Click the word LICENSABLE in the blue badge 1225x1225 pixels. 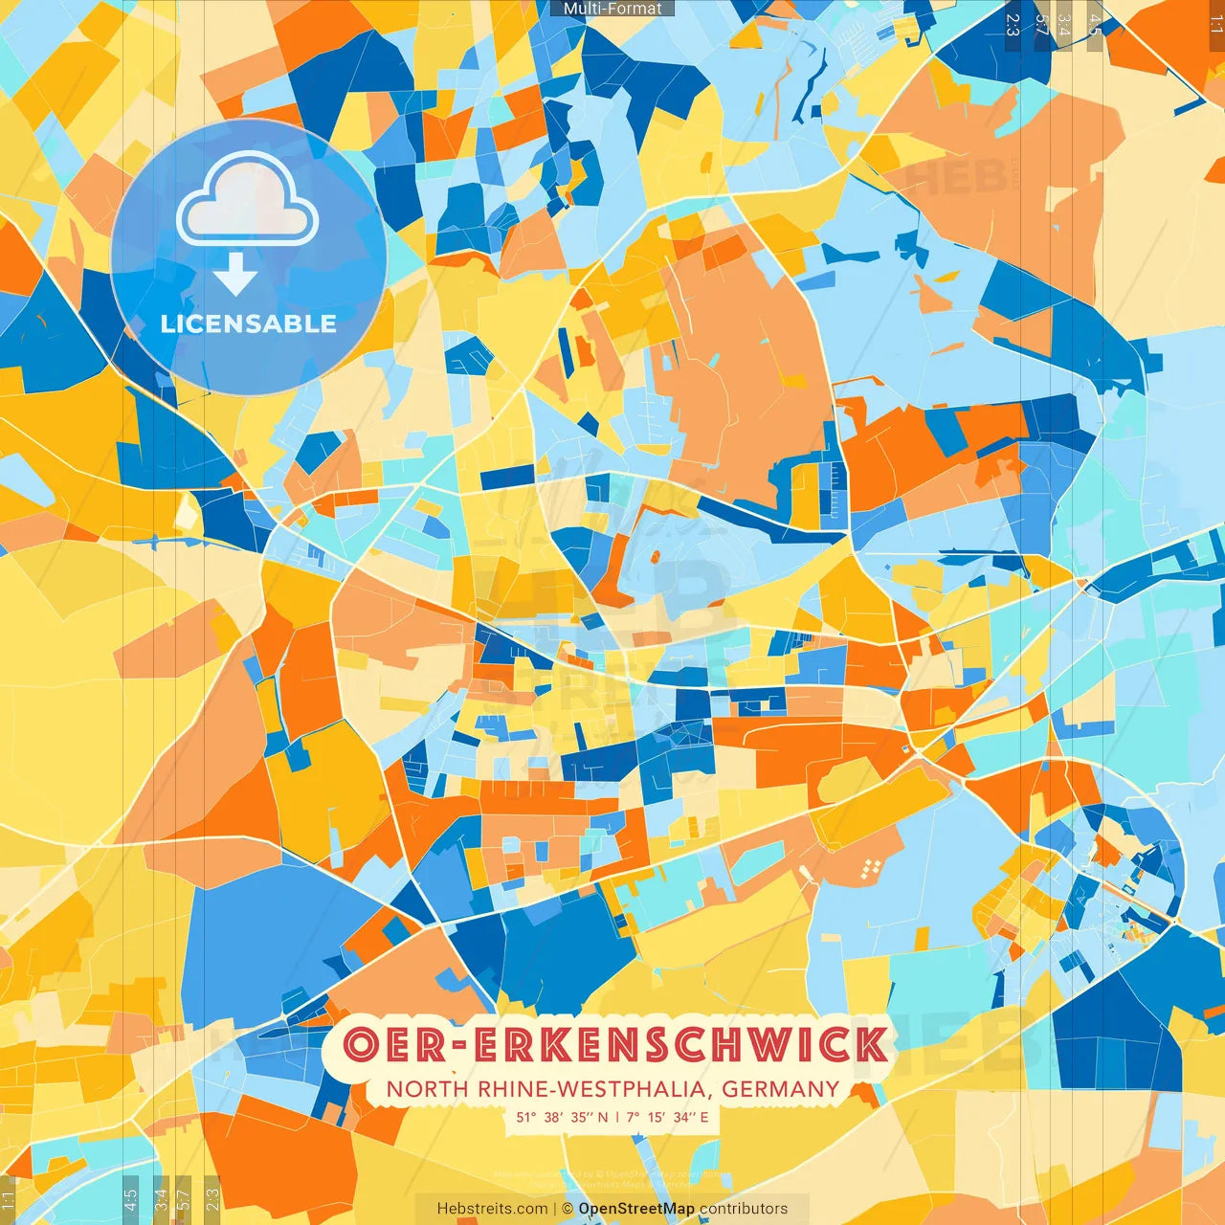248,323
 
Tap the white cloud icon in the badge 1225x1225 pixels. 247,200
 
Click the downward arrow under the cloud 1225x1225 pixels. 235,275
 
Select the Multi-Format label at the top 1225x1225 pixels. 612,9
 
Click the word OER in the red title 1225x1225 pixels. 393,1044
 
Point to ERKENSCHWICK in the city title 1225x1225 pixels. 680,1044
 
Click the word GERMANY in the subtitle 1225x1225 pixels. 780,1089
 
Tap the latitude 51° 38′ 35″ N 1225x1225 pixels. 562,1117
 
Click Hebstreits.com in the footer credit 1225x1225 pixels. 492,1209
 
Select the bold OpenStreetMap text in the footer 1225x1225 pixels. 636,1209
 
